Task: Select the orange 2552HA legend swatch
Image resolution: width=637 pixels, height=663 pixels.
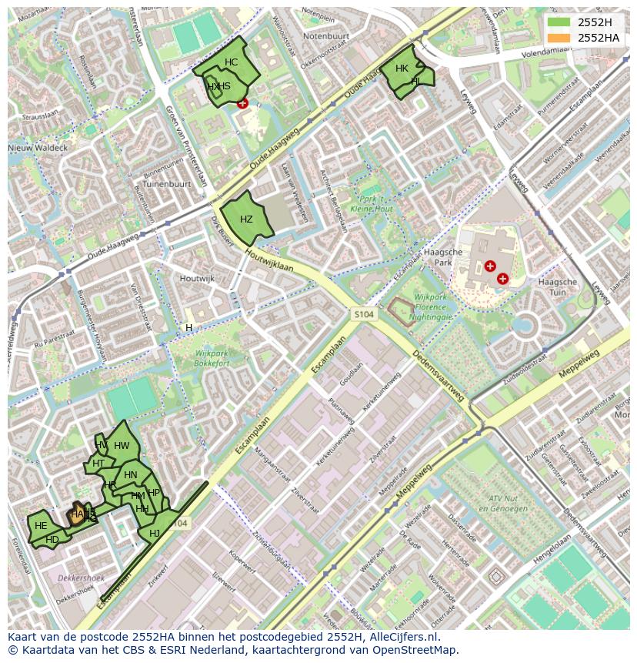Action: click(x=559, y=38)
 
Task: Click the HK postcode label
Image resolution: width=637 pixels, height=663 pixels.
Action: click(x=402, y=69)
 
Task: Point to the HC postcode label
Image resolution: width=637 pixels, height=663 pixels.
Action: click(x=231, y=62)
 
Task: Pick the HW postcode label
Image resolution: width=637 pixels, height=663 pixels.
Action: click(x=122, y=446)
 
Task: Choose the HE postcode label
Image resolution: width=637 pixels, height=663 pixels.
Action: click(x=41, y=526)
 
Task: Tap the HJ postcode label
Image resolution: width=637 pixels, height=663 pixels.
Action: click(x=155, y=534)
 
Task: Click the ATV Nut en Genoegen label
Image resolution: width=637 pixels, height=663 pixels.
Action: click(x=501, y=504)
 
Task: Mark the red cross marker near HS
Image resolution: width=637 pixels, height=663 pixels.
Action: click(x=243, y=103)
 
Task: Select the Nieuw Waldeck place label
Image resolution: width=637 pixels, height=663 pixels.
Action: click(x=38, y=147)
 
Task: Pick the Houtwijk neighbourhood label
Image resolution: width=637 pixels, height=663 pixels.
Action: click(x=196, y=278)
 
